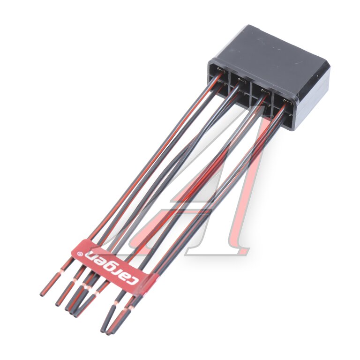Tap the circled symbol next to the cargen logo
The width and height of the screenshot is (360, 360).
point(79,254)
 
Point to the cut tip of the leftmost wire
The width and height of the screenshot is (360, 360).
point(42,294)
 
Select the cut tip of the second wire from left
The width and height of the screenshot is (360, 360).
point(57,304)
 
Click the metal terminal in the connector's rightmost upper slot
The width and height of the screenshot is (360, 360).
point(287,101)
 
